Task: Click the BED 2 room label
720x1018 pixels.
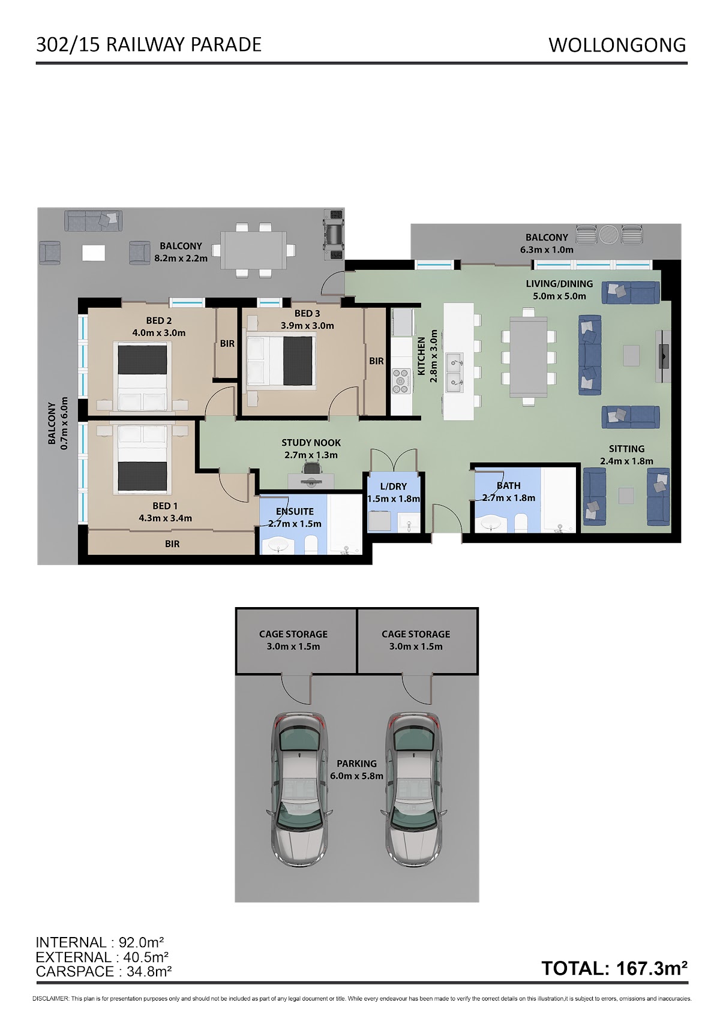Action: [x=158, y=320]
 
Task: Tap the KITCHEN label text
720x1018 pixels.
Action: [x=421, y=356]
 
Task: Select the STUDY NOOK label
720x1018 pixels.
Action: [x=311, y=443]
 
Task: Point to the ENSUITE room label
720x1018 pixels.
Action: [x=295, y=511]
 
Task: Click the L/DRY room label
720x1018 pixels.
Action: [x=394, y=487]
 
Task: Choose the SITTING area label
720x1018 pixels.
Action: [x=627, y=449]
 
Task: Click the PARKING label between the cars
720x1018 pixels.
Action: [x=357, y=764]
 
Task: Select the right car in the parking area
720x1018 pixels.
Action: [x=413, y=790]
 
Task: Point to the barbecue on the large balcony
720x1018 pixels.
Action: [x=334, y=235]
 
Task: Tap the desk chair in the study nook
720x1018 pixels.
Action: [x=311, y=468]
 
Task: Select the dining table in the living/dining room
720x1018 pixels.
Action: [x=529, y=357]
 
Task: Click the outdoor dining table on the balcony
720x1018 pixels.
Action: [x=254, y=250]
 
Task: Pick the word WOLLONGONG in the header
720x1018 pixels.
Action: [x=617, y=45]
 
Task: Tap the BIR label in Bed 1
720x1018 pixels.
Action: [x=172, y=543]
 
